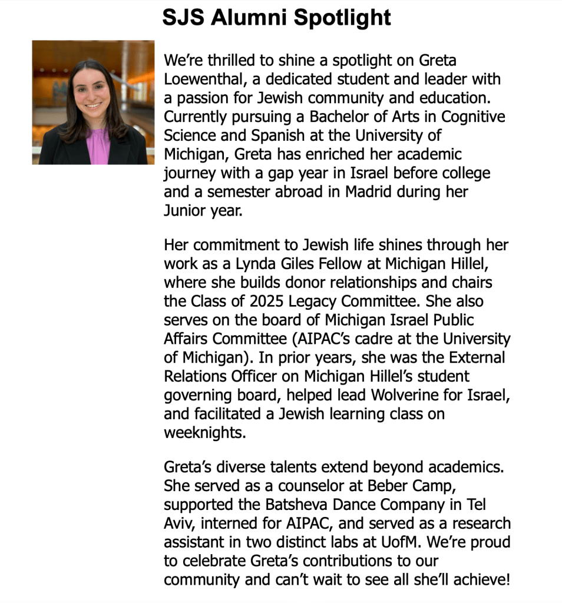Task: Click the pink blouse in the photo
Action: click(97, 147)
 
